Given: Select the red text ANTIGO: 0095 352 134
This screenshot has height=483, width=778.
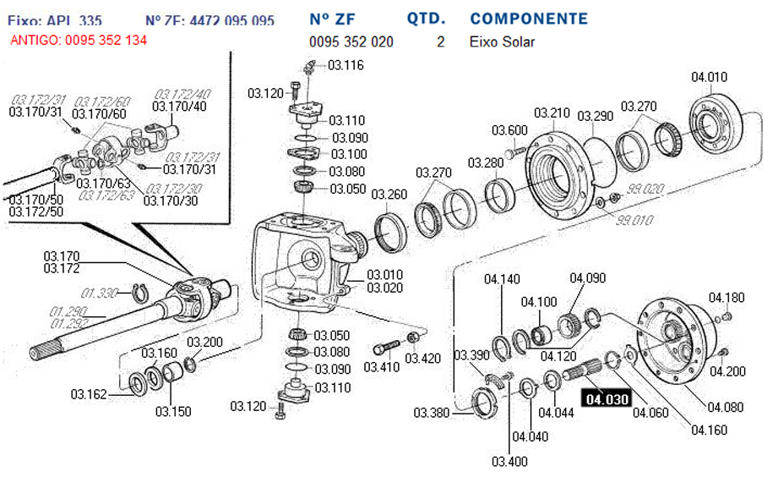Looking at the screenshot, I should coord(79,41).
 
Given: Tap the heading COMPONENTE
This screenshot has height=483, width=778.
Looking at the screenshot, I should coord(529,19).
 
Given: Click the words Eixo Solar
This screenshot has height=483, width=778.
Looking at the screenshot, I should coord(502,41).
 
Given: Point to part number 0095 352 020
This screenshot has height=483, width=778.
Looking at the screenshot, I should coord(351,41).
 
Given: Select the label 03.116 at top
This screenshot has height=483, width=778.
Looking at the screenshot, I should coord(345,65).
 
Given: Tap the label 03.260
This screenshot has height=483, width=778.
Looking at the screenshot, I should coord(389,195).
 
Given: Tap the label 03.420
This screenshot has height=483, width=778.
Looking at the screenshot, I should coord(422,359).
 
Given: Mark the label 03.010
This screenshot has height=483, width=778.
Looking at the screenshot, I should coord(384,274).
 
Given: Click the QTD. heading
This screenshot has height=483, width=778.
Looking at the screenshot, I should coord(427,19).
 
